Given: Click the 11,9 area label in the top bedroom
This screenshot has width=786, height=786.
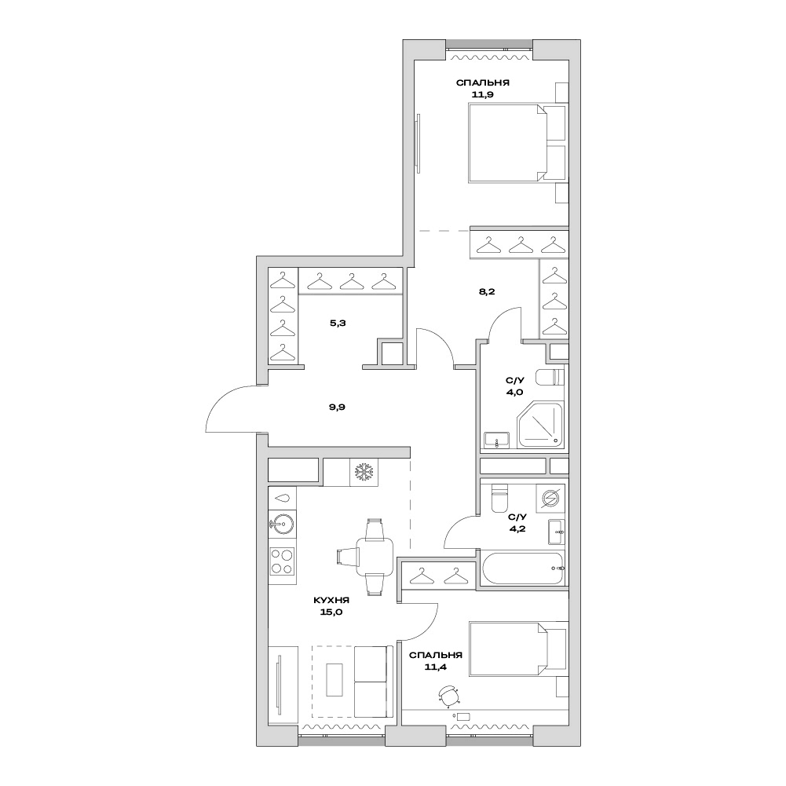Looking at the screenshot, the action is (x=483, y=94).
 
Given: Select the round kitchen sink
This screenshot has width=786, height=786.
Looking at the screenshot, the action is (x=281, y=525).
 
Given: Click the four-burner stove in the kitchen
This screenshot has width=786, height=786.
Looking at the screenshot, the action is (x=282, y=561).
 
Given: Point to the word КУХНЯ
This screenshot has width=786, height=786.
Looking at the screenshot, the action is (x=331, y=600).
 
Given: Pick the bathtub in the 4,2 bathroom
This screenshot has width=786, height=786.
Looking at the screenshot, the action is (x=523, y=568).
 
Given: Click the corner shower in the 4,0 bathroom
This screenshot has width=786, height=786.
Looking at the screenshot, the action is (x=541, y=423).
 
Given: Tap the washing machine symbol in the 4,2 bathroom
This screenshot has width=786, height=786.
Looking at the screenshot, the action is (x=550, y=499).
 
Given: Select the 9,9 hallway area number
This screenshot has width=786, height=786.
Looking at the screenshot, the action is (x=337, y=407).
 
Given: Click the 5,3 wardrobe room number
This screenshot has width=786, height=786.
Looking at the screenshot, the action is (x=338, y=323).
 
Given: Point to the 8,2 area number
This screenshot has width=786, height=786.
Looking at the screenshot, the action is (x=487, y=291).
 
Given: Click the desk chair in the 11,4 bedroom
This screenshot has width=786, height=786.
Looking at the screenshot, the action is (x=449, y=696).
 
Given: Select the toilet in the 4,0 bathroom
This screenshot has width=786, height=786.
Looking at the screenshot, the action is (x=550, y=377).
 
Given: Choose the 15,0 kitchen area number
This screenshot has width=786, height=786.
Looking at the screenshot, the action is (x=331, y=612).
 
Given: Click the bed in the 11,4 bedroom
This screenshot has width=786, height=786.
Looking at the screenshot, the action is (x=518, y=649).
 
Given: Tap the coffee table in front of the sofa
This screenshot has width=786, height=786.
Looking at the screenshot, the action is (x=335, y=679).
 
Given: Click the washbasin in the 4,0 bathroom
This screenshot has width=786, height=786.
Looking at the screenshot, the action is (x=496, y=440).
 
